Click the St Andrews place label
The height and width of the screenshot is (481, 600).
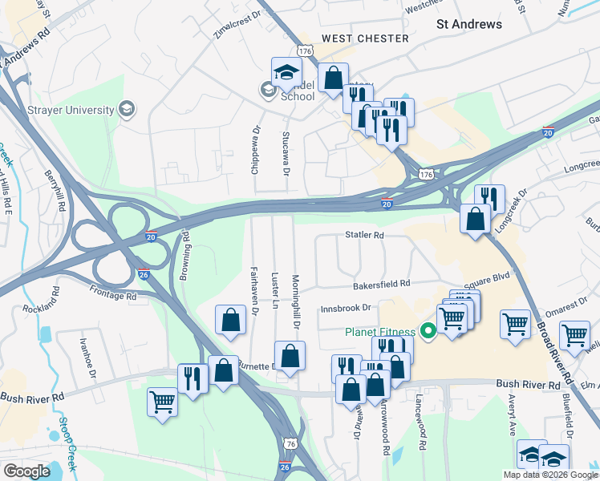coord(469,24)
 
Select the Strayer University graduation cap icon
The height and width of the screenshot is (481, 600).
coord(126,108)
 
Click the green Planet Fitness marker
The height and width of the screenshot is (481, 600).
coord(428,329)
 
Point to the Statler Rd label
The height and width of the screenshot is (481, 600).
coord(365,236)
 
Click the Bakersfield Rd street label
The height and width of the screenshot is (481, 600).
coord(382,284)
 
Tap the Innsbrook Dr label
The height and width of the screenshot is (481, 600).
coord(347,308)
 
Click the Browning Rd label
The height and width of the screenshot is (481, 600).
coord(184,249)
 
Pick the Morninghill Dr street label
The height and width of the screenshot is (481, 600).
coord(295,301)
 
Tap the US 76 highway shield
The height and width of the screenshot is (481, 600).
coord(290,443)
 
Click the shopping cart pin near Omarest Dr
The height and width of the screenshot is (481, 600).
coord(514,324)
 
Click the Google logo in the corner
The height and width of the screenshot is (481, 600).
coord(26,471)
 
